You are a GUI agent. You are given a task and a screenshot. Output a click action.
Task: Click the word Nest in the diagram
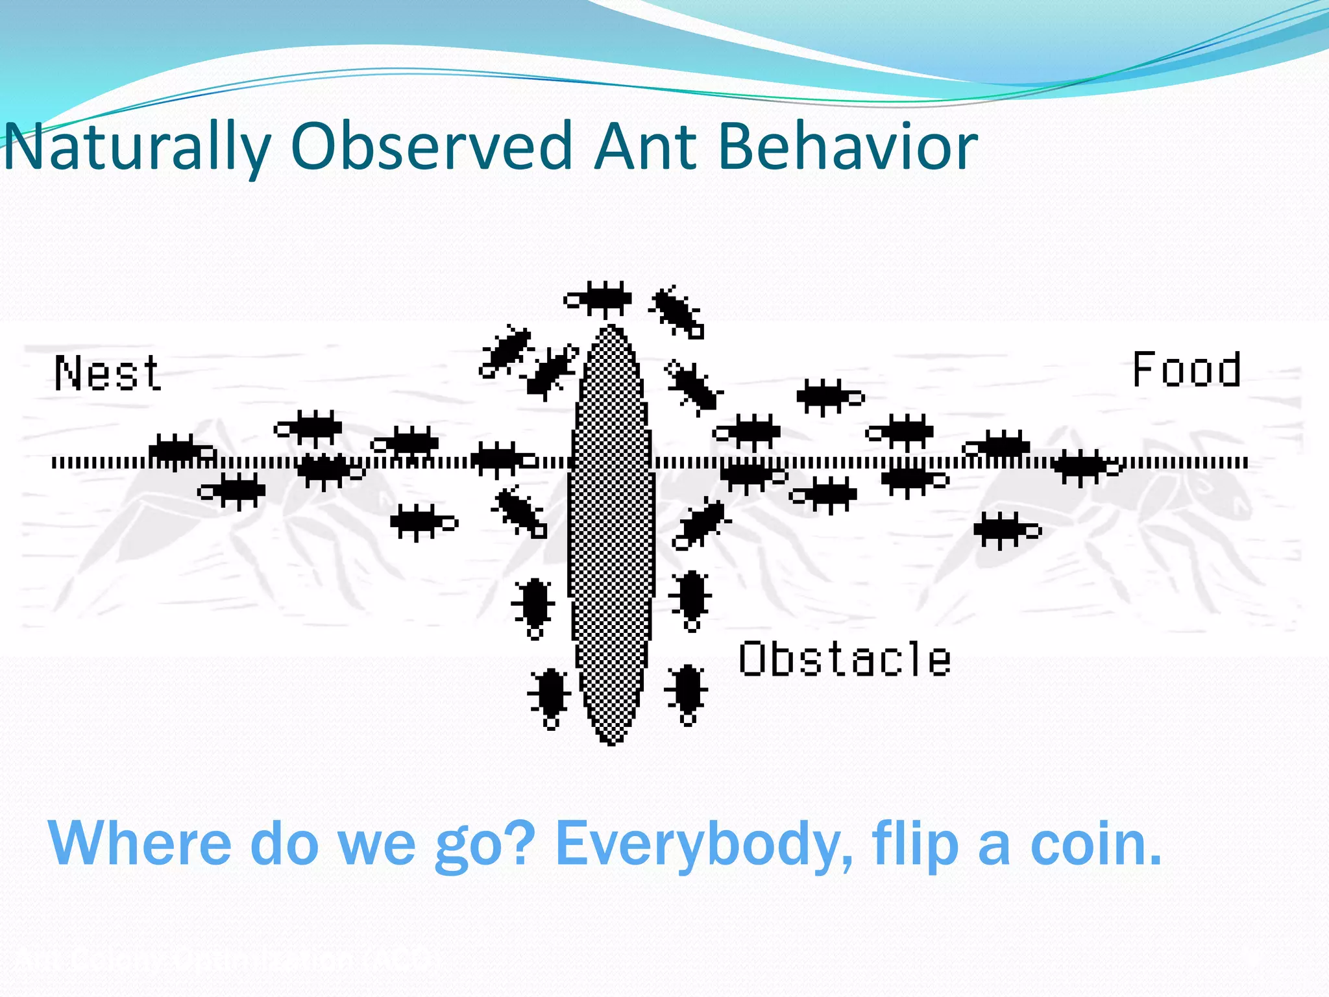pos(108,373)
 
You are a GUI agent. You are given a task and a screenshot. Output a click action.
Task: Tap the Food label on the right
pos(1186,370)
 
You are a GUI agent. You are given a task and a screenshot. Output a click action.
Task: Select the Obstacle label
pos(844,659)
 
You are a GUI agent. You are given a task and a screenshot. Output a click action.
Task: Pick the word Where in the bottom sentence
pos(140,844)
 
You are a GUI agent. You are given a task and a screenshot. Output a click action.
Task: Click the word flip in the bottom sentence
pos(915,844)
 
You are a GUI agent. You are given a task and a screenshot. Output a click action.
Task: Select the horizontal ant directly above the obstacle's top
pos(598,299)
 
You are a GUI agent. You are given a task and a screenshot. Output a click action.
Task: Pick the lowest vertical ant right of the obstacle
pos(687,692)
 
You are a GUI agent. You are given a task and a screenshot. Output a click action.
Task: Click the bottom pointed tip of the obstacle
pos(611,743)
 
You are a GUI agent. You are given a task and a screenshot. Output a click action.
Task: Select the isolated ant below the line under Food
pos(1006,530)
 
